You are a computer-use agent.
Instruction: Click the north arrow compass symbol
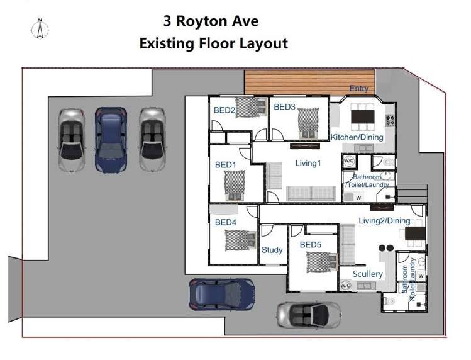(39, 28)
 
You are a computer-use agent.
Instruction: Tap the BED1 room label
(225, 165)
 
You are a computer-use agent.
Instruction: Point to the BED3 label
(284, 107)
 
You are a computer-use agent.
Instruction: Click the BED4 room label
(225, 222)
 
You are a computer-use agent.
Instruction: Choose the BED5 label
(311, 244)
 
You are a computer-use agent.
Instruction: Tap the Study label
(272, 250)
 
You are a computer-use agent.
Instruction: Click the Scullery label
(368, 274)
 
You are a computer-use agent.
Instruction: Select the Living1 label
(308, 163)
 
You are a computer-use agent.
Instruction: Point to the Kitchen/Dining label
(357, 137)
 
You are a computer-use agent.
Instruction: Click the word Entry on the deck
(359, 89)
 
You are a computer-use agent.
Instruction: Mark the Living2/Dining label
(384, 221)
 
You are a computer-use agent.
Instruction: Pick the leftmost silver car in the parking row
(71, 140)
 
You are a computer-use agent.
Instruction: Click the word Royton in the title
(211, 22)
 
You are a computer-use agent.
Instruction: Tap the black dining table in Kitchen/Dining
(362, 116)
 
